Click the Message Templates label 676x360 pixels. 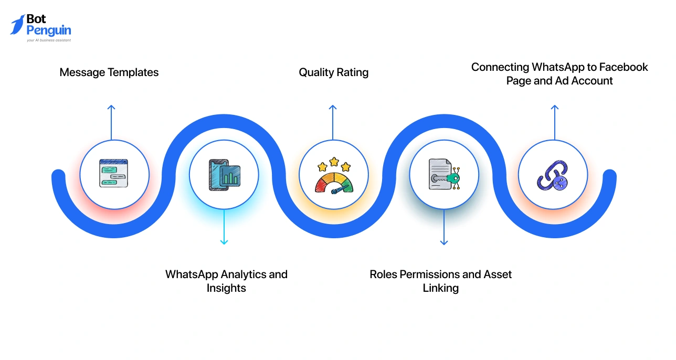[x=109, y=72]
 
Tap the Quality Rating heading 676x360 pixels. [x=334, y=72]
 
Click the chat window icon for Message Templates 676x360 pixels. [x=114, y=174]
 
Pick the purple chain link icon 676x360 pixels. [x=553, y=175]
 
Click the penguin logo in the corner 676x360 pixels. [x=17, y=25]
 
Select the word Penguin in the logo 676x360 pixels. [x=49, y=30]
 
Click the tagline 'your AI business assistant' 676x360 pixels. [x=49, y=40]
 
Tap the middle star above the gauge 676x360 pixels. [x=334, y=161]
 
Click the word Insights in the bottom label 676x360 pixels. [x=226, y=288]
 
